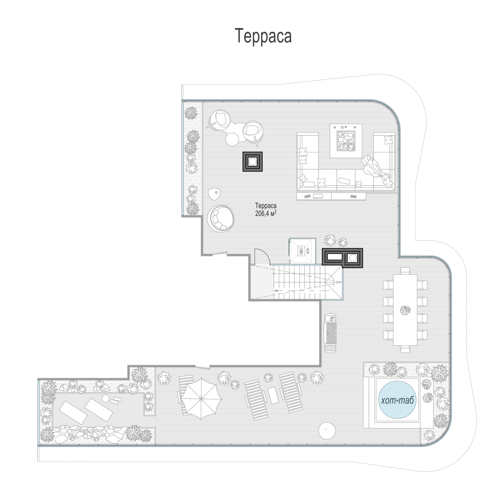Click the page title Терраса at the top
[x=263, y=36]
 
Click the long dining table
[x=405, y=310]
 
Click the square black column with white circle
[x=252, y=162]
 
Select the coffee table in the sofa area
[x=346, y=141]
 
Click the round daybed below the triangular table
[x=221, y=218]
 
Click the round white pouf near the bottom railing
[x=327, y=431]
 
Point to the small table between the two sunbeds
[x=273, y=395]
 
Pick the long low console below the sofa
[x=331, y=196]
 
